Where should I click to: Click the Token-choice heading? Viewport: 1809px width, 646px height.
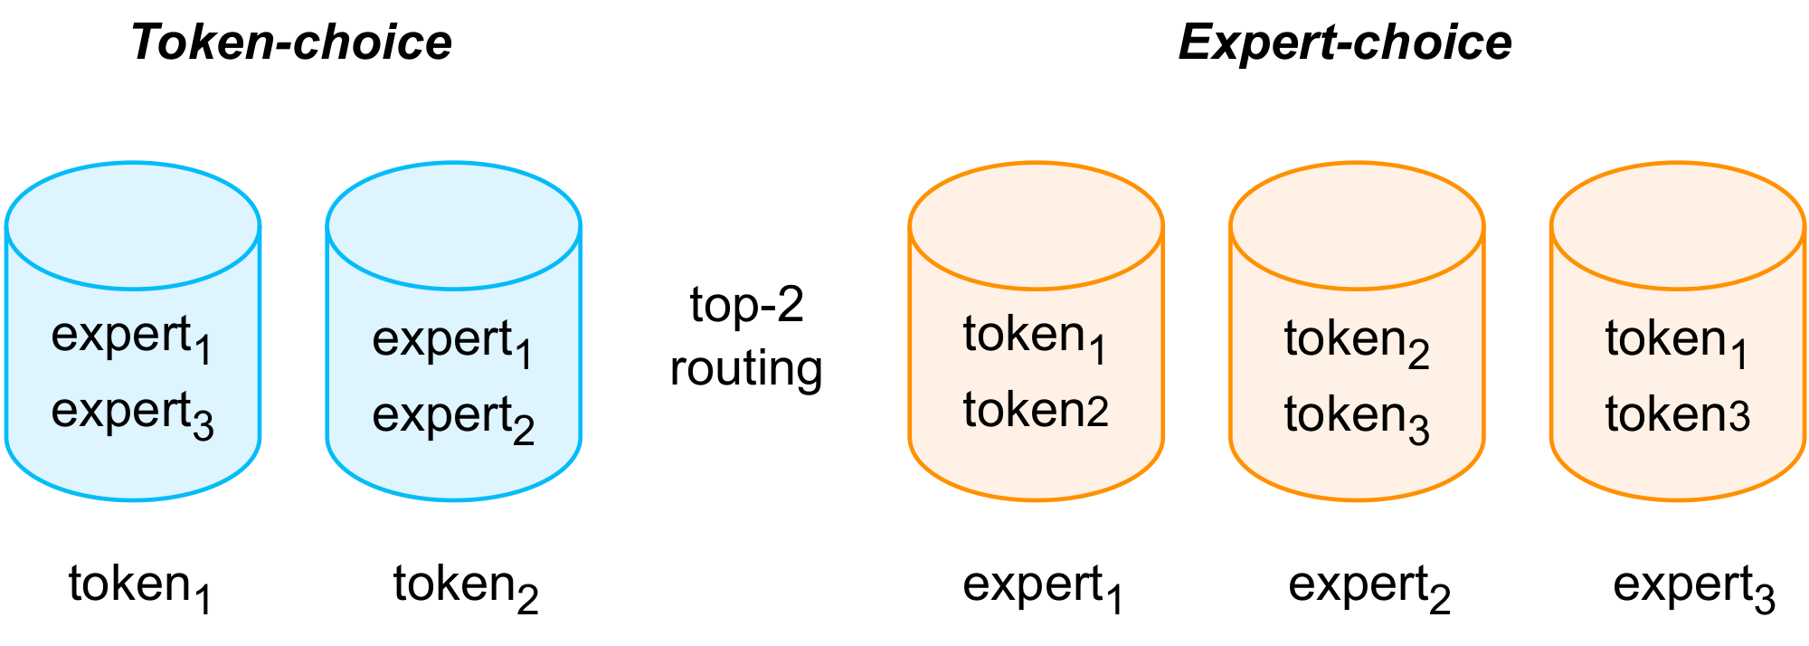[291, 43]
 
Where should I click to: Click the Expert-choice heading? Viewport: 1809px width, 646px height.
[1344, 43]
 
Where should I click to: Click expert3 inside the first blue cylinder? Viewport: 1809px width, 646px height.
[132, 413]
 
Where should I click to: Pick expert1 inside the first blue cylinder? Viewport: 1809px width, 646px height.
[132, 337]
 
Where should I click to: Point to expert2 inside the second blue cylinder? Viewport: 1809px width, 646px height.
[453, 417]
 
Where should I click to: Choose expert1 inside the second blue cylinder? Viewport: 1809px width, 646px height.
[453, 341]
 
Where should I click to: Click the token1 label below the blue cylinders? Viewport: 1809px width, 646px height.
[140, 585]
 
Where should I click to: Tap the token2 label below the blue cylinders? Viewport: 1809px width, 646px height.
[466, 585]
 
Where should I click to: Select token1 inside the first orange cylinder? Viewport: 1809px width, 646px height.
[1035, 337]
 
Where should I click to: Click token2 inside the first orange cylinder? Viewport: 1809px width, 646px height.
[1035, 411]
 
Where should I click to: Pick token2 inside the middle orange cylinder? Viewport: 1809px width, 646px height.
[1356, 341]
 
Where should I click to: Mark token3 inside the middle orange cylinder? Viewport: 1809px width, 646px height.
[1356, 417]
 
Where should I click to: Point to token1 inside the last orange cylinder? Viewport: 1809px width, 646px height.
[1676, 341]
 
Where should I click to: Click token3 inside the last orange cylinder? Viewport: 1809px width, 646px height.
[1676, 415]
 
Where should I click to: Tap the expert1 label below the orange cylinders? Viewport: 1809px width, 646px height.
[1042, 585]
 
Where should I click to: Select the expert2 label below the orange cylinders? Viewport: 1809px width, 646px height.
[1369, 585]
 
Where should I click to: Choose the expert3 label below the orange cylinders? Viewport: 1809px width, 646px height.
[1693, 585]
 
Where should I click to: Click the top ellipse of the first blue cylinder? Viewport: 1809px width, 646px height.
[133, 226]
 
